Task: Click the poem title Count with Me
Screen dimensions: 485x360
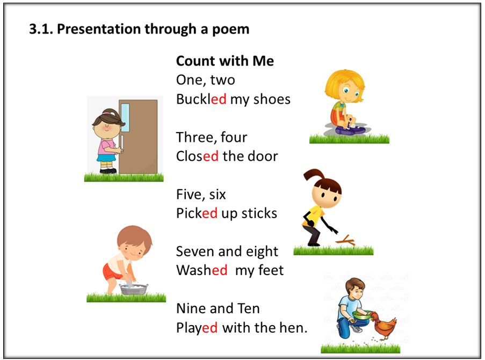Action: [225, 61]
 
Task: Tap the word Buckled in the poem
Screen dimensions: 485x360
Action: [201, 99]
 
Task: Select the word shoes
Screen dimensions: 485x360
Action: [272, 99]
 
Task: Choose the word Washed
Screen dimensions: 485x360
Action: [201, 270]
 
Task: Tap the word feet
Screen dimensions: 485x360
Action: [271, 270]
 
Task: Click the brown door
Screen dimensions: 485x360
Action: [138, 136]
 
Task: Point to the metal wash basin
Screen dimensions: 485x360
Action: [134, 290]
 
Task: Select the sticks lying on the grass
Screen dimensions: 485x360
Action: [346, 240]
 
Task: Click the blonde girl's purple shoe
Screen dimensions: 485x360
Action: [350, 129]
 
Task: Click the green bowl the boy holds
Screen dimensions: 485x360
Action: [361, 315]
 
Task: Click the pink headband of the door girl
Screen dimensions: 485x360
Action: [107, 113]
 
